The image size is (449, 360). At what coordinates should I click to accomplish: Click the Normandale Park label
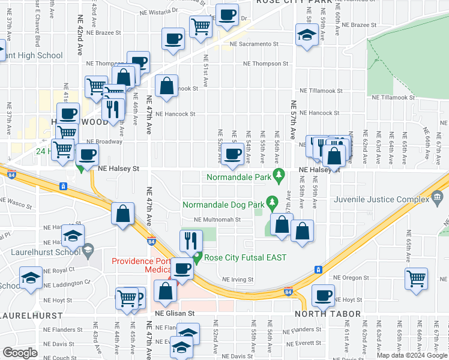[238, 177]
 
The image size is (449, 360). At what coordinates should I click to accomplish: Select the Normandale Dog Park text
[224, 205]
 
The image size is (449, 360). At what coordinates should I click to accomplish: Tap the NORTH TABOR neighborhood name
[327, 314]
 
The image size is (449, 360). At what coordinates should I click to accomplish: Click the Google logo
[20, 353]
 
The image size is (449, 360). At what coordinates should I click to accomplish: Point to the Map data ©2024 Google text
[412, 355]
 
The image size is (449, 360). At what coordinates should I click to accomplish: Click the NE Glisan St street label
[175, 313]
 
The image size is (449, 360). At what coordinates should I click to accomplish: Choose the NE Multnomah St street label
[217, 220]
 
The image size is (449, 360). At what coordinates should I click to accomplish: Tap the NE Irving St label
[238, 280]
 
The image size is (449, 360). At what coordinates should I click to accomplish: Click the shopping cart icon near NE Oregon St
[416, 278]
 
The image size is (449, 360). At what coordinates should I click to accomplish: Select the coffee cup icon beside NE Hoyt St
[323, 295]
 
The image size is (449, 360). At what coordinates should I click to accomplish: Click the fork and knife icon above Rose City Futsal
[191, 241]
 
